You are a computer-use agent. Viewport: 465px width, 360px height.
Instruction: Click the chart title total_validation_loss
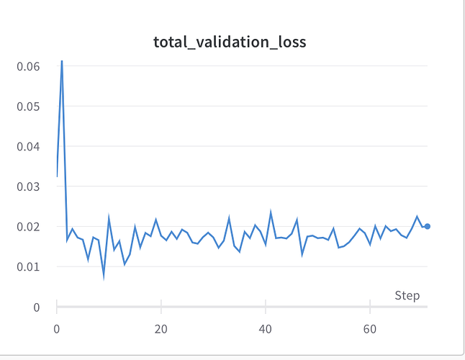coord(230,42)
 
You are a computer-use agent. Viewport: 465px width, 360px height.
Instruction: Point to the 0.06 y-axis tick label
coord(28,66)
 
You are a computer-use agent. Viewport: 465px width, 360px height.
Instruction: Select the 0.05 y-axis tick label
coord(28,107)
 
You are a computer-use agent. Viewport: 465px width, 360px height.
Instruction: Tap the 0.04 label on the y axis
coord(28,147)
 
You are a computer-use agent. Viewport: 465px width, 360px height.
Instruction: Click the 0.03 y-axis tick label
coord(28,186)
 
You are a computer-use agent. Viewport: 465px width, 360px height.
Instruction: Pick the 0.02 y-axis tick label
coord(28,227)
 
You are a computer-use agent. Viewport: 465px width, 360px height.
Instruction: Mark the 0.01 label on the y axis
coord(28,267)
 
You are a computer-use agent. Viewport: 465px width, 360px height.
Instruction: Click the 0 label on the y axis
coord(35,307)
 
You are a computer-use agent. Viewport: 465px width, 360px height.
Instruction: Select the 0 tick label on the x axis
coord(57,328)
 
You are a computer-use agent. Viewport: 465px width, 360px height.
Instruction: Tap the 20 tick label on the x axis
coord(161,328)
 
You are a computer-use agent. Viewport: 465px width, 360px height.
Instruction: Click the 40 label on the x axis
coord(266,328)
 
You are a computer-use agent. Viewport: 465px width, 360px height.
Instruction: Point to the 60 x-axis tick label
coord(369,328)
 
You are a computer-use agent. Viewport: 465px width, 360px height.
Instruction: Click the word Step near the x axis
coord(407,296)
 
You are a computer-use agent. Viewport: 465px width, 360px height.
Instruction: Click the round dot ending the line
coord(427,226)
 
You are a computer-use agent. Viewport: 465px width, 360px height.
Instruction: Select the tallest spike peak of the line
coord(62,60)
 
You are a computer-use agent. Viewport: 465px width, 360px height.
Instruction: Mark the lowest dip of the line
coord(104,276)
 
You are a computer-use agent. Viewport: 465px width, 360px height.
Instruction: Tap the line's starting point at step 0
coord(57,176)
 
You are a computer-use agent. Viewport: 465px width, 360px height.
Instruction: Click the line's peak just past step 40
coord(271,212)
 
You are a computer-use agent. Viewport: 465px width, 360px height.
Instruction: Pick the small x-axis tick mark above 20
coord(161,304)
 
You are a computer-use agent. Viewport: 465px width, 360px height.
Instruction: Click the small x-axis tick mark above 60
coord(369,304)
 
